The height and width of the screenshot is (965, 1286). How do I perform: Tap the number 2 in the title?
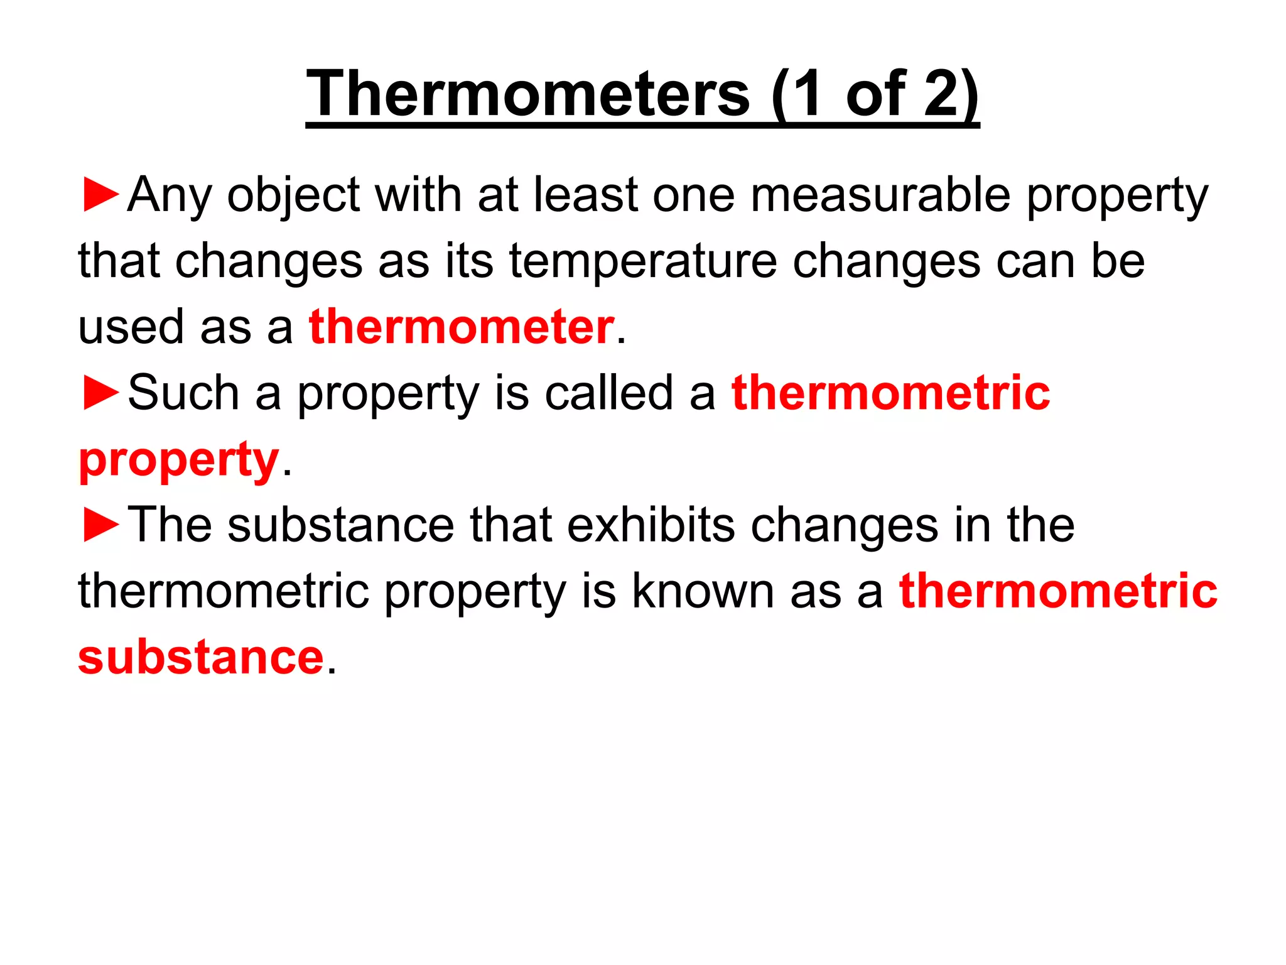945,94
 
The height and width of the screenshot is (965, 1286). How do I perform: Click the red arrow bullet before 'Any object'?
100,195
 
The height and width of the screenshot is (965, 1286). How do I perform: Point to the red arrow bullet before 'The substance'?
100,525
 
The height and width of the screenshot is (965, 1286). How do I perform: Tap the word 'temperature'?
643,261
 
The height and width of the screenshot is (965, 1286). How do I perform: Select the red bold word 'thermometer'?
462,327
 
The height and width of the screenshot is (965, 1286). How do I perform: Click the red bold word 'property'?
178,461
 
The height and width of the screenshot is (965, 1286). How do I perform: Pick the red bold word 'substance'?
200,658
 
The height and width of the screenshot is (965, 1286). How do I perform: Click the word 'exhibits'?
651,525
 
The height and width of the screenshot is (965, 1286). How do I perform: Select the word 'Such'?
183,393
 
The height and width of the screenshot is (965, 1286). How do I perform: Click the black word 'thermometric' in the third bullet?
223,591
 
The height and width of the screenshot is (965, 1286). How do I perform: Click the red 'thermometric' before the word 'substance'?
1058,591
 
